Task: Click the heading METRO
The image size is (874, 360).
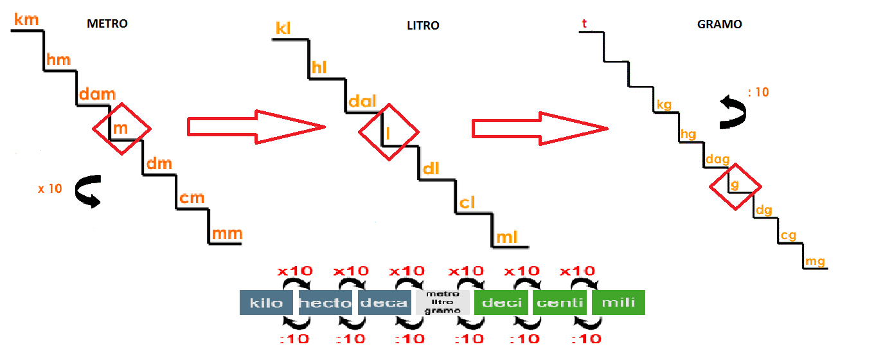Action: click(107, 24)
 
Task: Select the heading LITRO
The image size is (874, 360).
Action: click(423, 26)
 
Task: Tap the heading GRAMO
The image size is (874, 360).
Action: click(719, 24)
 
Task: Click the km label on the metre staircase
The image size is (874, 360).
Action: click(26, 19)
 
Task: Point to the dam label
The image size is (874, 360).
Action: click(96, 95)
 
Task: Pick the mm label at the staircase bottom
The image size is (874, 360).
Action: click(227, 234)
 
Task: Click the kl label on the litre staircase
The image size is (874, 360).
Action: click(283, 29)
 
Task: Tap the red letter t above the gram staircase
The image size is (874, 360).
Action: click(584, 24)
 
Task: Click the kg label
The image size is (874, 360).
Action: click(664, 104)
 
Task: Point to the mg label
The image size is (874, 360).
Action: click(815, 261)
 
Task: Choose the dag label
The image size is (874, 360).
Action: click(718, 159)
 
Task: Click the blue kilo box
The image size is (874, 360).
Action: click(265, 303)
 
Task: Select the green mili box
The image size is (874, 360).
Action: click(618, 303)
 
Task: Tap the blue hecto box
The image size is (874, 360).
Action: click(325, 303)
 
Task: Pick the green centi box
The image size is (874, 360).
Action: click(559, 303)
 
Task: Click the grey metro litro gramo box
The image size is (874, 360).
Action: click(443, 302)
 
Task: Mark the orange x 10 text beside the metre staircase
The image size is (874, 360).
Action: click(49, 188)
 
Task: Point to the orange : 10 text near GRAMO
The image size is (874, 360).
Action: click(758, 92)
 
